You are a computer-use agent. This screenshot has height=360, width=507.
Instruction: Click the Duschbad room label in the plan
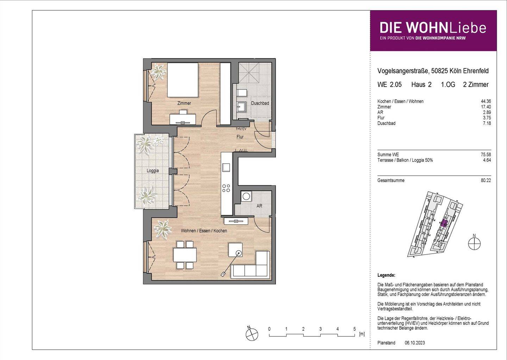[x=260, y=103]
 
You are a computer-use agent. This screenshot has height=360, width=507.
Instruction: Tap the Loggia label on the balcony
[x=152, y=170]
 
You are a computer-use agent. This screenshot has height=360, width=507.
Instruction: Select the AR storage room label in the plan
[x=259, y=206]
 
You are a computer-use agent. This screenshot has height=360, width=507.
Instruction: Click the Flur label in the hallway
[x=240, y=137]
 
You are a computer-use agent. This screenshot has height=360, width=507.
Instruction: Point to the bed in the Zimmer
[x=182, y=80]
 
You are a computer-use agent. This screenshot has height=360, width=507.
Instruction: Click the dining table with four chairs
[x=185, y=254]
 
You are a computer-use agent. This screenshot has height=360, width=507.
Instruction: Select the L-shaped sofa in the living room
[x=251, y=266]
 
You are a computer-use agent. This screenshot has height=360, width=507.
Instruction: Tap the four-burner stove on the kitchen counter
[x=226, y=188]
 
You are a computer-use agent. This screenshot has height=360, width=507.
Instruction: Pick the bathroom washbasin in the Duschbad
[x=242, y=106]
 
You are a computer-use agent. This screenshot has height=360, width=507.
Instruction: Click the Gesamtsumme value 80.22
[x=486, y=180]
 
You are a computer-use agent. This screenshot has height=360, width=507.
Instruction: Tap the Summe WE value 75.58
[x=486, y=155]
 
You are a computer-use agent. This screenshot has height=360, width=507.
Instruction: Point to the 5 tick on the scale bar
[x=355, y=329]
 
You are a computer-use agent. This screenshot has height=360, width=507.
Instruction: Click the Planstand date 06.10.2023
[x=415, y=343]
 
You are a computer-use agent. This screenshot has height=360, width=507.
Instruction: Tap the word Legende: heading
[x=386, y=275]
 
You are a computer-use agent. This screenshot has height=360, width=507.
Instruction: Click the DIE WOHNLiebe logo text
[x=433, y=28]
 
